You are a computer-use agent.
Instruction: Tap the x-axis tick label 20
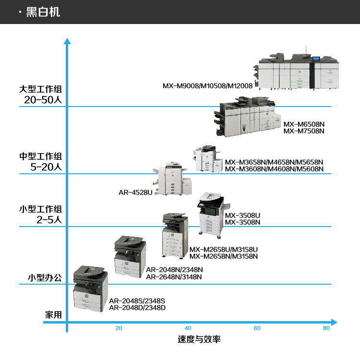pyautogui.click(x=119, y=328)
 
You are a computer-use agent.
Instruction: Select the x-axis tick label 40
pyautogui.click(x=188, y=328)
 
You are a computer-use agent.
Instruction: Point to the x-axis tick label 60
pyautogui.click(x=257, y=328)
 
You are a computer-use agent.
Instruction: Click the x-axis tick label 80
pyautogui.click(x=326, y=328)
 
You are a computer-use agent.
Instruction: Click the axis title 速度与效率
pyautogui.click(x=199, y=339)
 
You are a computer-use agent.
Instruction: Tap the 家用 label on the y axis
pyautogui.click(x=53, y=315)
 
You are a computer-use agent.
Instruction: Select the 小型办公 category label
pyautogui.click(x=45, y=277)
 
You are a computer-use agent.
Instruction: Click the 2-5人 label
pyautogui.click(x=49, y=220)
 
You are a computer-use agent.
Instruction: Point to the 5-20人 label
pyautogui.click(x=46, y=168)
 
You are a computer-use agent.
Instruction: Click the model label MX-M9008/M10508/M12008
pyautogui.click(x=207, y=86)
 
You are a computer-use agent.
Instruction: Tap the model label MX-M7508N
pyautogui.click(x=304, y=131)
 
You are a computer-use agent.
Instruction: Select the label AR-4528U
pyautogui.click(x=135, y=192)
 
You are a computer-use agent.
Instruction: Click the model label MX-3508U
pyautogui.click(x=242, y=216)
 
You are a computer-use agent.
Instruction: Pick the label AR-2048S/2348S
pyautogui.click(x=137, y=301)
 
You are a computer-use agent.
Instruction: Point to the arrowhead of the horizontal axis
pyautogui.click(x=334, y=322)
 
